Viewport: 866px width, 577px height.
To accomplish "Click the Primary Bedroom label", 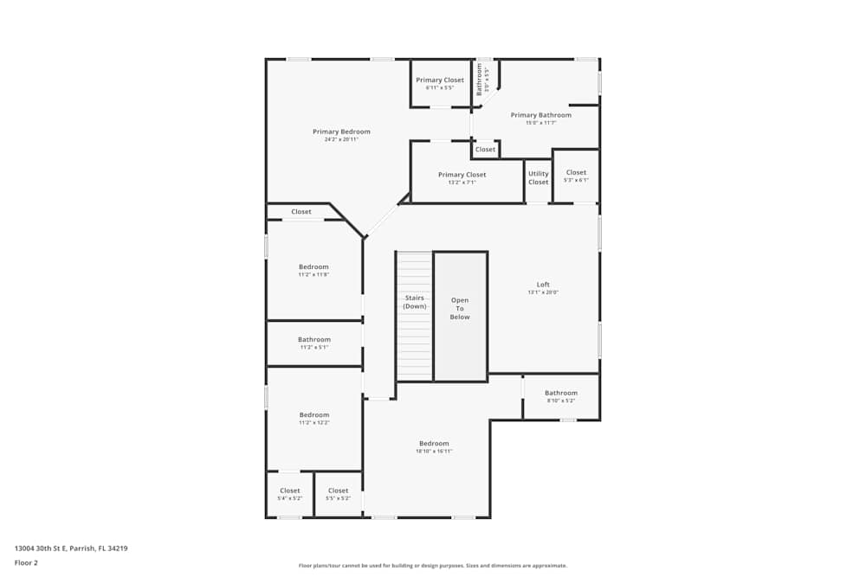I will tap(341, 132).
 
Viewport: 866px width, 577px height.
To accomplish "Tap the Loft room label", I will tap(543, 285).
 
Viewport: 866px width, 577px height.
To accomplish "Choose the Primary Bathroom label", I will tap(540, 115).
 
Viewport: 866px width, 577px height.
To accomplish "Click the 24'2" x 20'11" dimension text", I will tap(341, 140).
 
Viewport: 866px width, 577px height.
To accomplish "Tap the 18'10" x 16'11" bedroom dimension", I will tap(434, 452).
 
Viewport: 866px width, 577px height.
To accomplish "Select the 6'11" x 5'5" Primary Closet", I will tap(440, 84).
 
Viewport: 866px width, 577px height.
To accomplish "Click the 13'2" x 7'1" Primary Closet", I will tap(462, 178).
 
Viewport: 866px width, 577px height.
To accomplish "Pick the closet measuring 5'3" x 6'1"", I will tap(576, 176).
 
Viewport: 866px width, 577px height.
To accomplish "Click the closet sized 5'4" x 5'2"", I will tap(289, 495).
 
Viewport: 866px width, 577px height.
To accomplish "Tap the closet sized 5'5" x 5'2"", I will tap(338, 495).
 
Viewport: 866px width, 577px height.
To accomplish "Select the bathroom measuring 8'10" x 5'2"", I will tap(561, 397).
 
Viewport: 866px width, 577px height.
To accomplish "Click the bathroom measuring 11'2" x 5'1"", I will tap(313, 343).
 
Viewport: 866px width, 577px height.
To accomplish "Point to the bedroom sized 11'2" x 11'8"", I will tap(313, 271).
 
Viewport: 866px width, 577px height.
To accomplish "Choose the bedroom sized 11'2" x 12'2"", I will tap(313, 419).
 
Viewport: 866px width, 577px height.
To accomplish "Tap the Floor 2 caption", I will tap(27, 562).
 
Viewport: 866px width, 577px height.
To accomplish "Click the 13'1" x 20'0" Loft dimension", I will tap(543, 292).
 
